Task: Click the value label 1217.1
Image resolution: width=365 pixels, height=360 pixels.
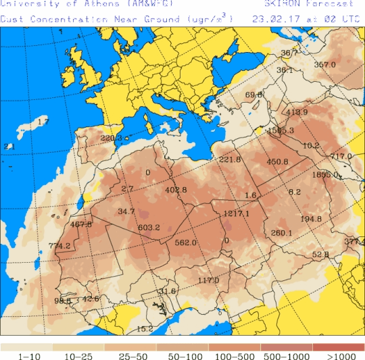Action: click(236, 213)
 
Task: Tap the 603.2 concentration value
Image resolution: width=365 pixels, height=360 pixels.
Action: click(148, 228)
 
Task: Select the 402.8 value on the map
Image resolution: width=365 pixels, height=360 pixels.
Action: click(175, 190)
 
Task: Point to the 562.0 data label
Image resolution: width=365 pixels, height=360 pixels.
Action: click(185, 242)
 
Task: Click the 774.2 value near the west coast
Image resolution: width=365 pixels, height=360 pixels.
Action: click(59, 246)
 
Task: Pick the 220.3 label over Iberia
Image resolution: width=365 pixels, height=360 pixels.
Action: click(112, 138)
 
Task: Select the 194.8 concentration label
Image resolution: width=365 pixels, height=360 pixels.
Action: click(311, 219)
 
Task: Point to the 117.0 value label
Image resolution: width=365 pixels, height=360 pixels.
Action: click(208, 280)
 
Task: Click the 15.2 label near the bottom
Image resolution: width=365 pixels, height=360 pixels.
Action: click(145, 329)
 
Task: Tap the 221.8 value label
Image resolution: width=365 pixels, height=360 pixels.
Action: click(230, 159)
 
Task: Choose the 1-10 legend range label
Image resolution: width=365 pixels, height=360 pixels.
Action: click(26, 355)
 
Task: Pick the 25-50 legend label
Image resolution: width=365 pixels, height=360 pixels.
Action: click(130, 355)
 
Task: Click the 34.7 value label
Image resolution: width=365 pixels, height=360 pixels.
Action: click(126, 211)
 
